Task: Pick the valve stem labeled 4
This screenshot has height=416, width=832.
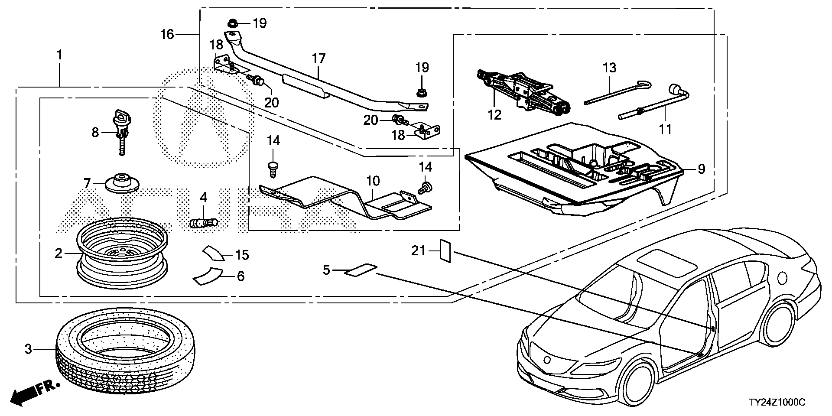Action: click(204, 224)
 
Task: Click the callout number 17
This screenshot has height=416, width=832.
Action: click(318, 58)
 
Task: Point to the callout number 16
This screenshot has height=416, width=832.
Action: click(167, 34)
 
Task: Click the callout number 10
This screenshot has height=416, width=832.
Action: click(373, 181)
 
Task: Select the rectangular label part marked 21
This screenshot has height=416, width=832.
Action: click(445, 250)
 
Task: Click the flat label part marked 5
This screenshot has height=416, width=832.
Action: click(361, 270)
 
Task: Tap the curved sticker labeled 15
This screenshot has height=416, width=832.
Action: click(213, 253)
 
